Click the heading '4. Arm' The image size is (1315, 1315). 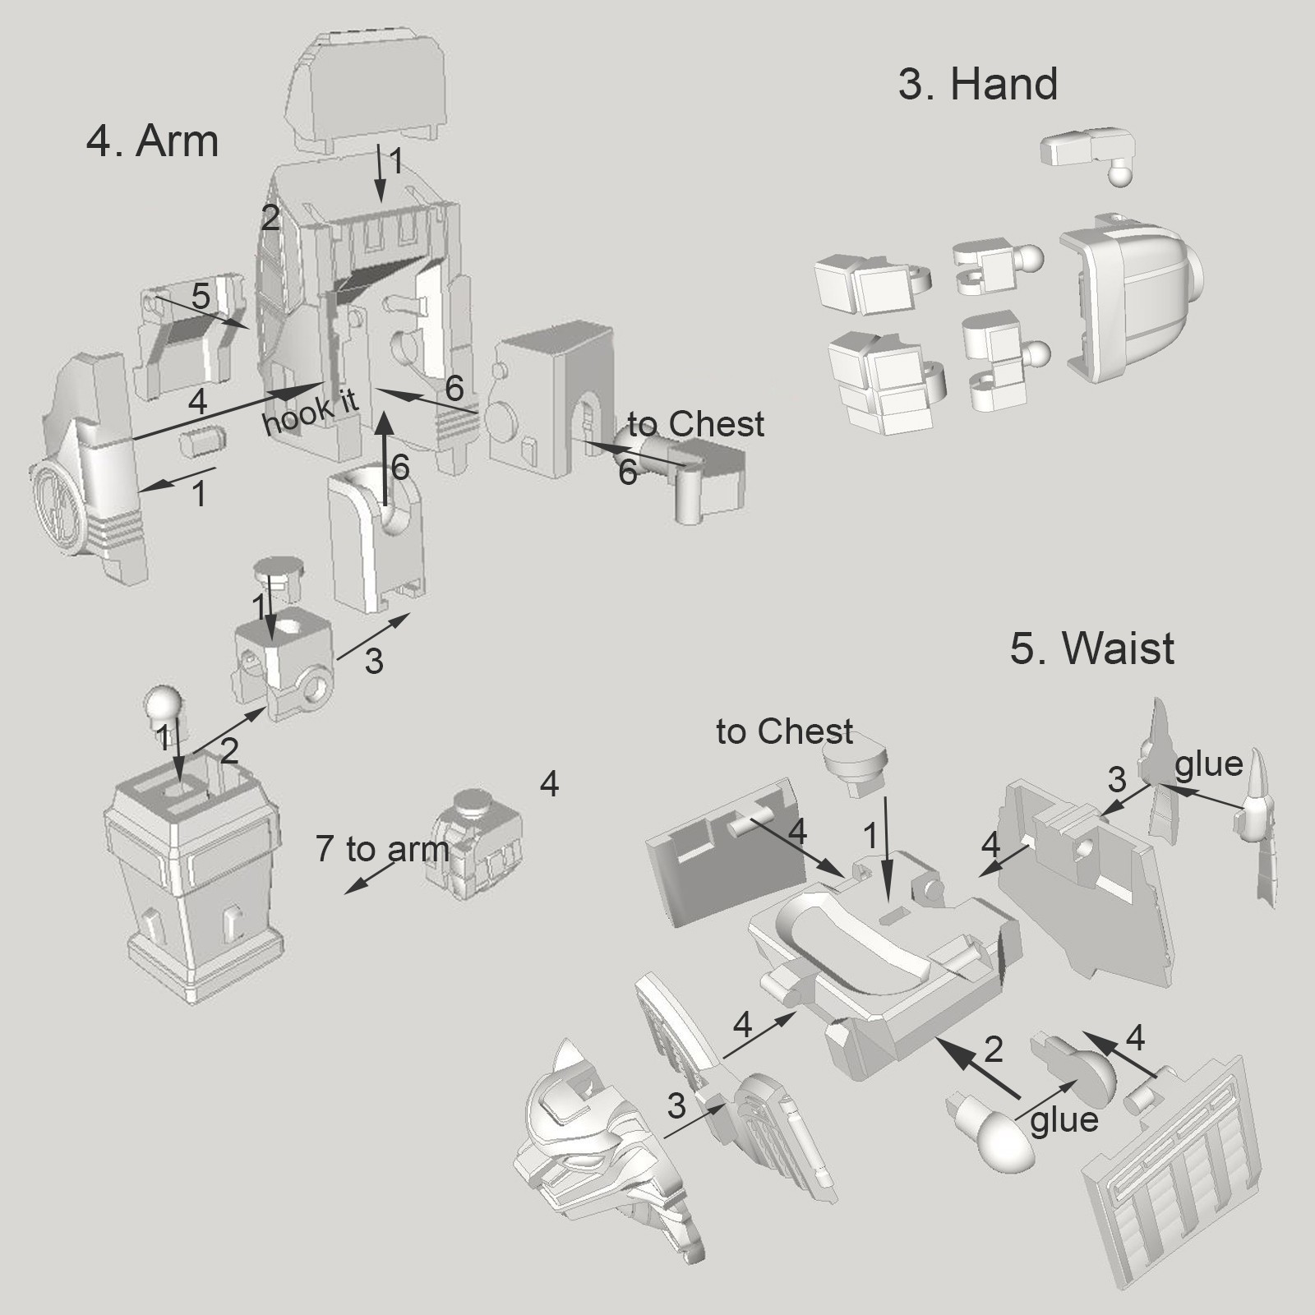click(x=152, y=141)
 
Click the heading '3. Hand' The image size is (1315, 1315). click(x=977, y=85)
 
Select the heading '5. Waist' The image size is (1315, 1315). click(x=1091, y=648)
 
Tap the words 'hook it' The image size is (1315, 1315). click(x=310, y=411)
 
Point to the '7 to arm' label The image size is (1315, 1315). click(x=382, y=849)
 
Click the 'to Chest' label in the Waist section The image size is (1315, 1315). click(x=785, y=731)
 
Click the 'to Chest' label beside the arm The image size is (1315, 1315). click(x=695, y=424)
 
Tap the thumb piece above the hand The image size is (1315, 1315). click(x=1088, y=153)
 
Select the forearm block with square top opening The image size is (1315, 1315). click(x=194, y=888)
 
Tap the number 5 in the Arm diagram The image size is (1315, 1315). click(x=201, y=297)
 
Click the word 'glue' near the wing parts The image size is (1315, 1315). click(x=1208, y=764)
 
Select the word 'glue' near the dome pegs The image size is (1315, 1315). click(x=1064, y=1120)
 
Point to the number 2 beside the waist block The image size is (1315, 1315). click(x=993, y=1050)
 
